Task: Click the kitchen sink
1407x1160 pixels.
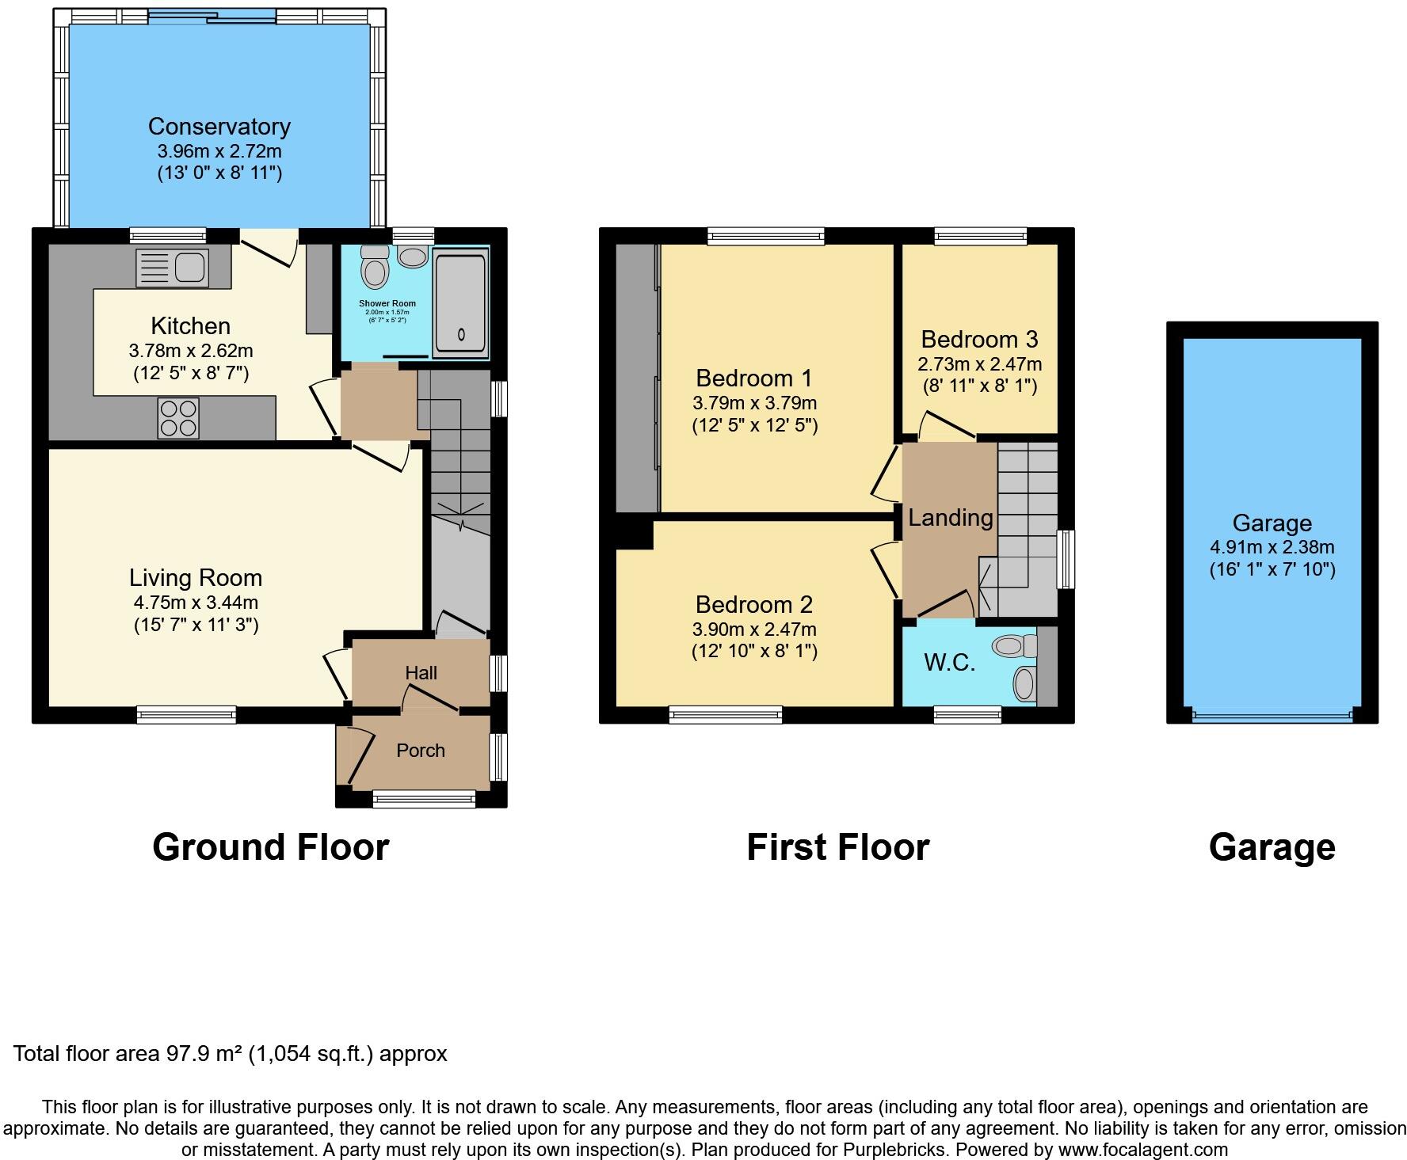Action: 173,268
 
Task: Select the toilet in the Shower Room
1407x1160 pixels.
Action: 374,268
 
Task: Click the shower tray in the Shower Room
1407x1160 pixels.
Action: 459,303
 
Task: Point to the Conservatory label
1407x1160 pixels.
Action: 219,127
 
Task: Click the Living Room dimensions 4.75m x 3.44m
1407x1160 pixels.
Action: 196,603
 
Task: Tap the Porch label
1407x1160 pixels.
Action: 421,751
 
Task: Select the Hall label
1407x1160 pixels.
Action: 421,673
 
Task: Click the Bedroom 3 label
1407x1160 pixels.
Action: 979,340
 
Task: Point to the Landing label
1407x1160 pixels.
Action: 950,518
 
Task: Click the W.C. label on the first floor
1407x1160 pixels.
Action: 950,663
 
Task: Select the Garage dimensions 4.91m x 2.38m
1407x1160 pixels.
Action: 1272,547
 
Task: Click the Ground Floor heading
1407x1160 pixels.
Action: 270,847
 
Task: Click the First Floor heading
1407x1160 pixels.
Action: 837,847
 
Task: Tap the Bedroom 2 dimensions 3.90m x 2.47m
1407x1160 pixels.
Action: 753,629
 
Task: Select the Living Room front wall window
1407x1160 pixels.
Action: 186,714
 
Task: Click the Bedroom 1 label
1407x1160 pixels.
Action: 753,378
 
